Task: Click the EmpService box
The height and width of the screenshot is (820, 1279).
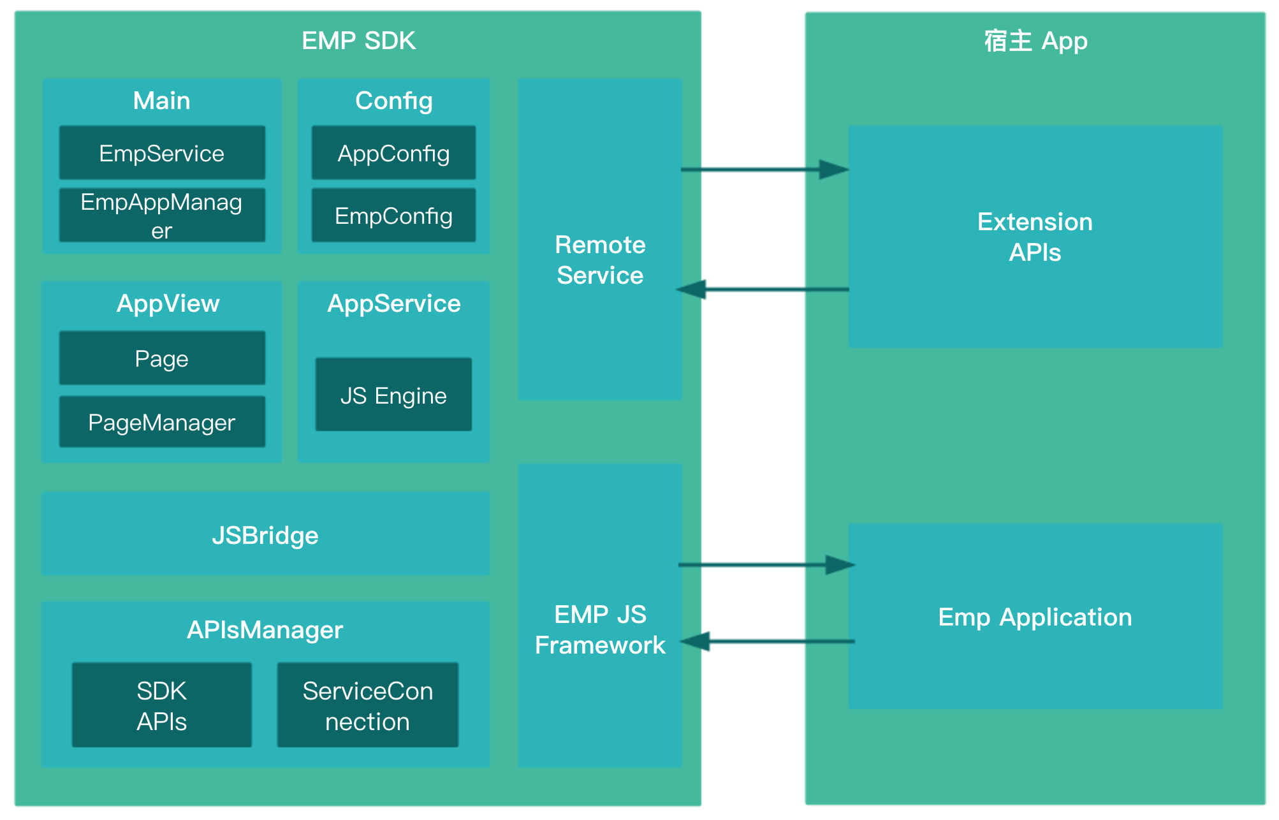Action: click(162, 153)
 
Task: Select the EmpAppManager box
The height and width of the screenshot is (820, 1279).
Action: click(162, 216)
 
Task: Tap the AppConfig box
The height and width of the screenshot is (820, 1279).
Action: click(393, 153)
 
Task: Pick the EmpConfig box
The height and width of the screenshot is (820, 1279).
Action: click(393, 216)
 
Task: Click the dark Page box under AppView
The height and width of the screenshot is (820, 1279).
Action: click(162, 358)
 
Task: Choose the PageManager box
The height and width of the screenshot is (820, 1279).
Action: click(162, 422)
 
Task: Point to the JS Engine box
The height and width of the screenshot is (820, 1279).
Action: click(393, 395)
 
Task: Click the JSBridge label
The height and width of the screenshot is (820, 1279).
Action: click(265, 536)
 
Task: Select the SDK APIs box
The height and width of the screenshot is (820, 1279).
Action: click(162, 705)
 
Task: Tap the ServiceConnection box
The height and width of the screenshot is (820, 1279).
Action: click(367, 705)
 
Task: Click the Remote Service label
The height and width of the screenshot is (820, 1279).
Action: click(600, 260)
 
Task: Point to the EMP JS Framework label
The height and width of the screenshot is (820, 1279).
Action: click(600, 630)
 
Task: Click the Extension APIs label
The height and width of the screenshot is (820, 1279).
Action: click(1035, 237)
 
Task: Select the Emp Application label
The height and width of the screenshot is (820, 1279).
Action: click(1035, 617)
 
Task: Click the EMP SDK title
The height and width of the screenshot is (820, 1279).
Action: click(358, 41)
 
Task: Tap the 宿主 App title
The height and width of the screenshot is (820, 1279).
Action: click(1035, 41)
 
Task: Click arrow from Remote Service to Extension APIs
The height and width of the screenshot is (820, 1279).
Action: click(765, 170)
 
